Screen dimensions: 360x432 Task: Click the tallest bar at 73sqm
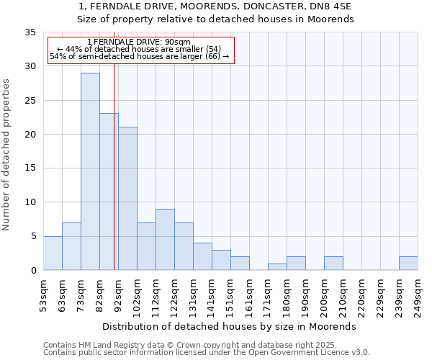click(90, 171)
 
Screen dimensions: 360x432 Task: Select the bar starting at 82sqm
click(109, 192)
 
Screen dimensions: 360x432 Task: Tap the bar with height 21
click(127, 199)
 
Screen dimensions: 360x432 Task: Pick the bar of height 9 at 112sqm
click(165, 239)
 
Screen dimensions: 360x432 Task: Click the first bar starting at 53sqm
click(53, 253)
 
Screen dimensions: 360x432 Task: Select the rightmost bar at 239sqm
click(408, 263)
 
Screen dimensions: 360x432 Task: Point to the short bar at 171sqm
click(277, 266)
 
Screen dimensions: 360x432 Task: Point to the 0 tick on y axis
click(33, 270)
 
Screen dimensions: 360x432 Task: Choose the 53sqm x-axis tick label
click(43, 295)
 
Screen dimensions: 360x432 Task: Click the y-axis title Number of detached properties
click(7, 155)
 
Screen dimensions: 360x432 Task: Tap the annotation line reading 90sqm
click(138, 42)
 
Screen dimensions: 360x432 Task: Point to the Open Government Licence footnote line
click(207, 353)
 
